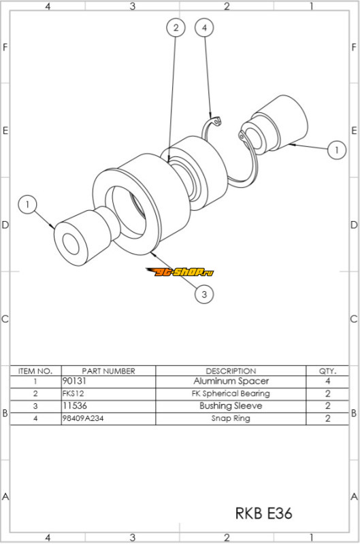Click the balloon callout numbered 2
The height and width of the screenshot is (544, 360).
click(x=176, y=27)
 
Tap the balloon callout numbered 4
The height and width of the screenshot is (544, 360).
click(x=204, y=27)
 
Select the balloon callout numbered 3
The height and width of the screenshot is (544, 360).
click(x=203, y=294)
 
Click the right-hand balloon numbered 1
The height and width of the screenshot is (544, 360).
click(x=336, y=150)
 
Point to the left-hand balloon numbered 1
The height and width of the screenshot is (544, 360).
click(x=27, y=205)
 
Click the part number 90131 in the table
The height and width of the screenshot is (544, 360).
click(x=74, y=381)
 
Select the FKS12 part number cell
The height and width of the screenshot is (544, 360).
click(x=73, y=394)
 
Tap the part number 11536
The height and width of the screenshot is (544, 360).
click(x=74, y=405)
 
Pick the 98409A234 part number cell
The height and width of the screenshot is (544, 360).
click(x=82, y=418)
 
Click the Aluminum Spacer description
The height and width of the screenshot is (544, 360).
click(x=231, y=381)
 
